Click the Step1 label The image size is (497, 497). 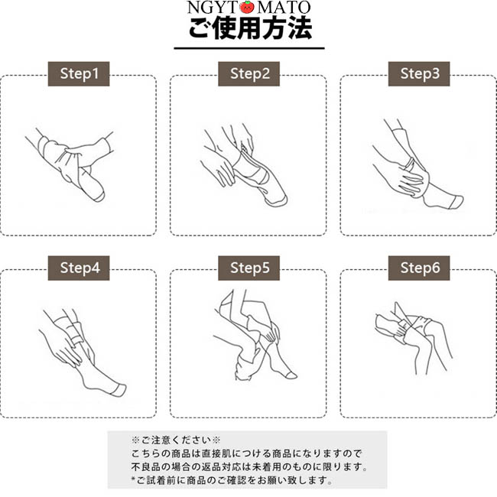(x=79, y=74)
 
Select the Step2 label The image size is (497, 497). (x=248, y=74)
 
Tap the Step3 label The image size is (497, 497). (x=419, y=74)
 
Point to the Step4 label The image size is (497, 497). (x=79, y=268)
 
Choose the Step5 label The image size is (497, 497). (x=248, y=268)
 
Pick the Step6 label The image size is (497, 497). (x=419, y=268)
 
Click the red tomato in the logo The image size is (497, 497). (x=247, y=7)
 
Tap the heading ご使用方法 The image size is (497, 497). (x=250, y=28)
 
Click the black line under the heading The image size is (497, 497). (x=249, y=48)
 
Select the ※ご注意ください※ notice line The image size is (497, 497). (x=176, y=440)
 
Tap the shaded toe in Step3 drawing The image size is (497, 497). (x=458, y=202)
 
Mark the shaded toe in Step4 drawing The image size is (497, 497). (x=120, y=389)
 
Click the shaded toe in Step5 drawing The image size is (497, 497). (x=291, y=375)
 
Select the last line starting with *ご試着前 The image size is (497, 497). (x=232, y=480)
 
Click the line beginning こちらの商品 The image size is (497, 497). (x=246, y=453)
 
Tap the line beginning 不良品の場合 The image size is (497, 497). (x=249, y=466)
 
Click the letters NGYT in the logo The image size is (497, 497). (x=213, y=8)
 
